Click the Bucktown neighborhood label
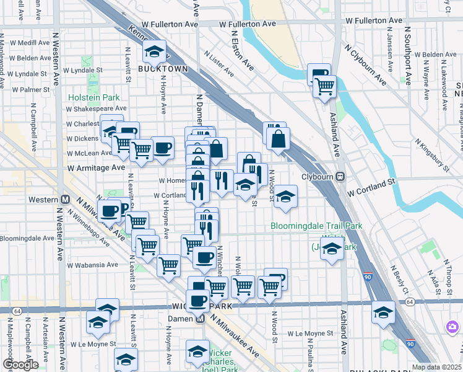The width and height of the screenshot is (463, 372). coord(163,69)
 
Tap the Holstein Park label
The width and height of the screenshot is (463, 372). coord(93,97)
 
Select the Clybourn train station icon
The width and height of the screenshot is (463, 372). coord(340,177)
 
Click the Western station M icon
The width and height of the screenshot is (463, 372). coord(64,200)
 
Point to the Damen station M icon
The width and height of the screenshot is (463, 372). coord(200,319)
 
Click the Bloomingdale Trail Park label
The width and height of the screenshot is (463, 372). coord(316,226)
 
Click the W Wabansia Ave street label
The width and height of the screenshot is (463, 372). coord(93,264)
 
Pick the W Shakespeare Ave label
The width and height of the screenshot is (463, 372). coord(97,107)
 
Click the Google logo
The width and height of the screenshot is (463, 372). coord(20,365)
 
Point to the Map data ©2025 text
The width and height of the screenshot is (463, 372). coord(436,367)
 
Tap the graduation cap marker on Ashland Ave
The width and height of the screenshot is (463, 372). coord(332,249)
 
